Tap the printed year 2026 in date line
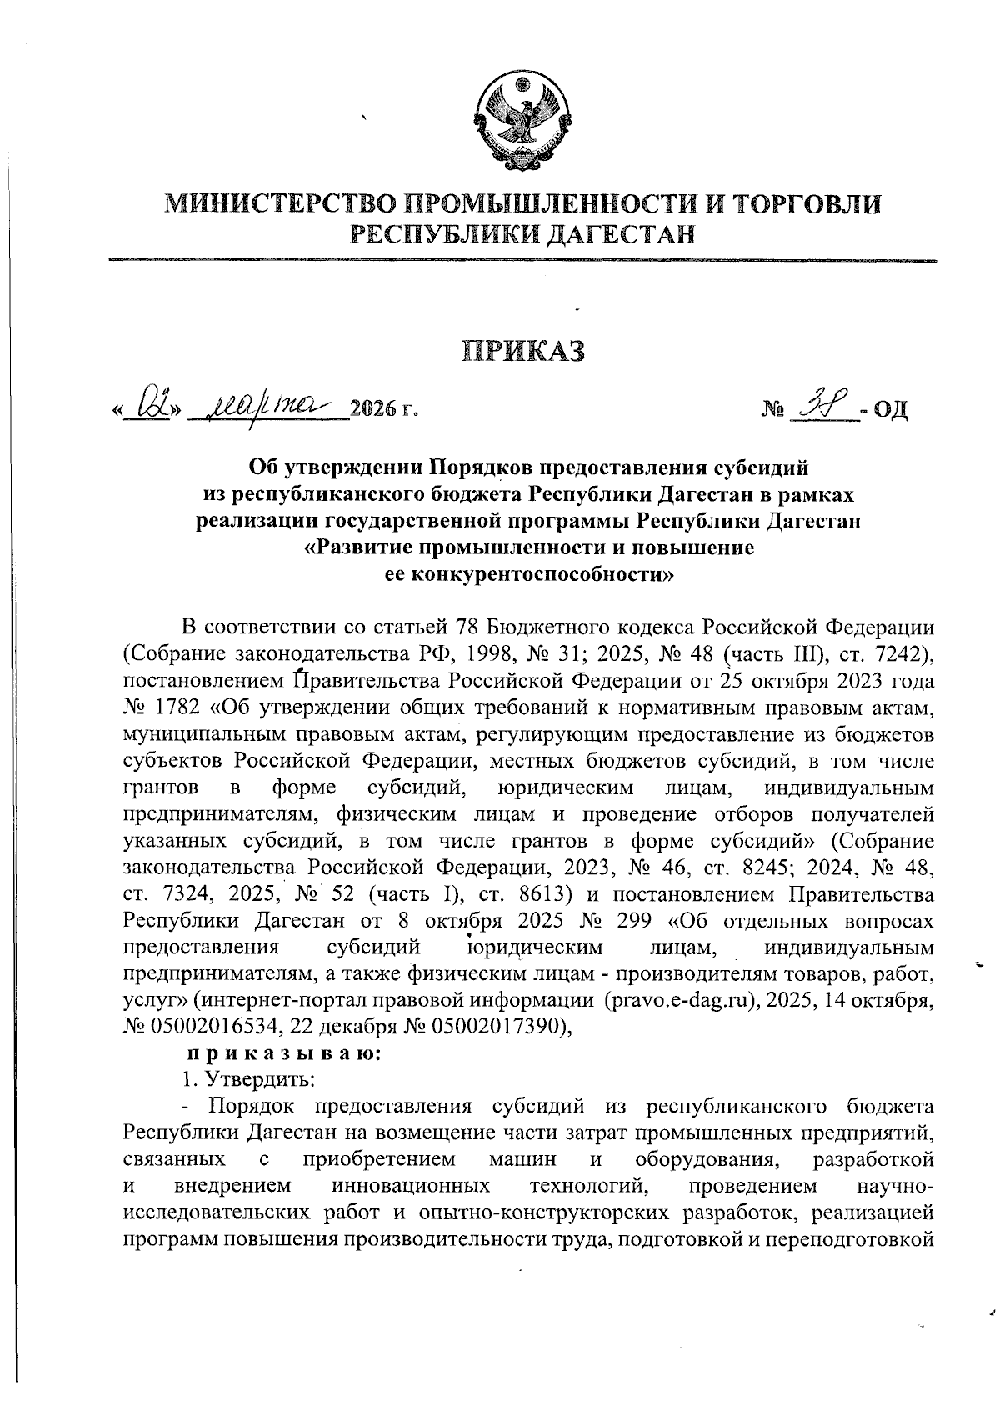point(374,409)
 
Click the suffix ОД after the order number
point(887,410)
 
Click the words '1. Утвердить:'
point(247,1080)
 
